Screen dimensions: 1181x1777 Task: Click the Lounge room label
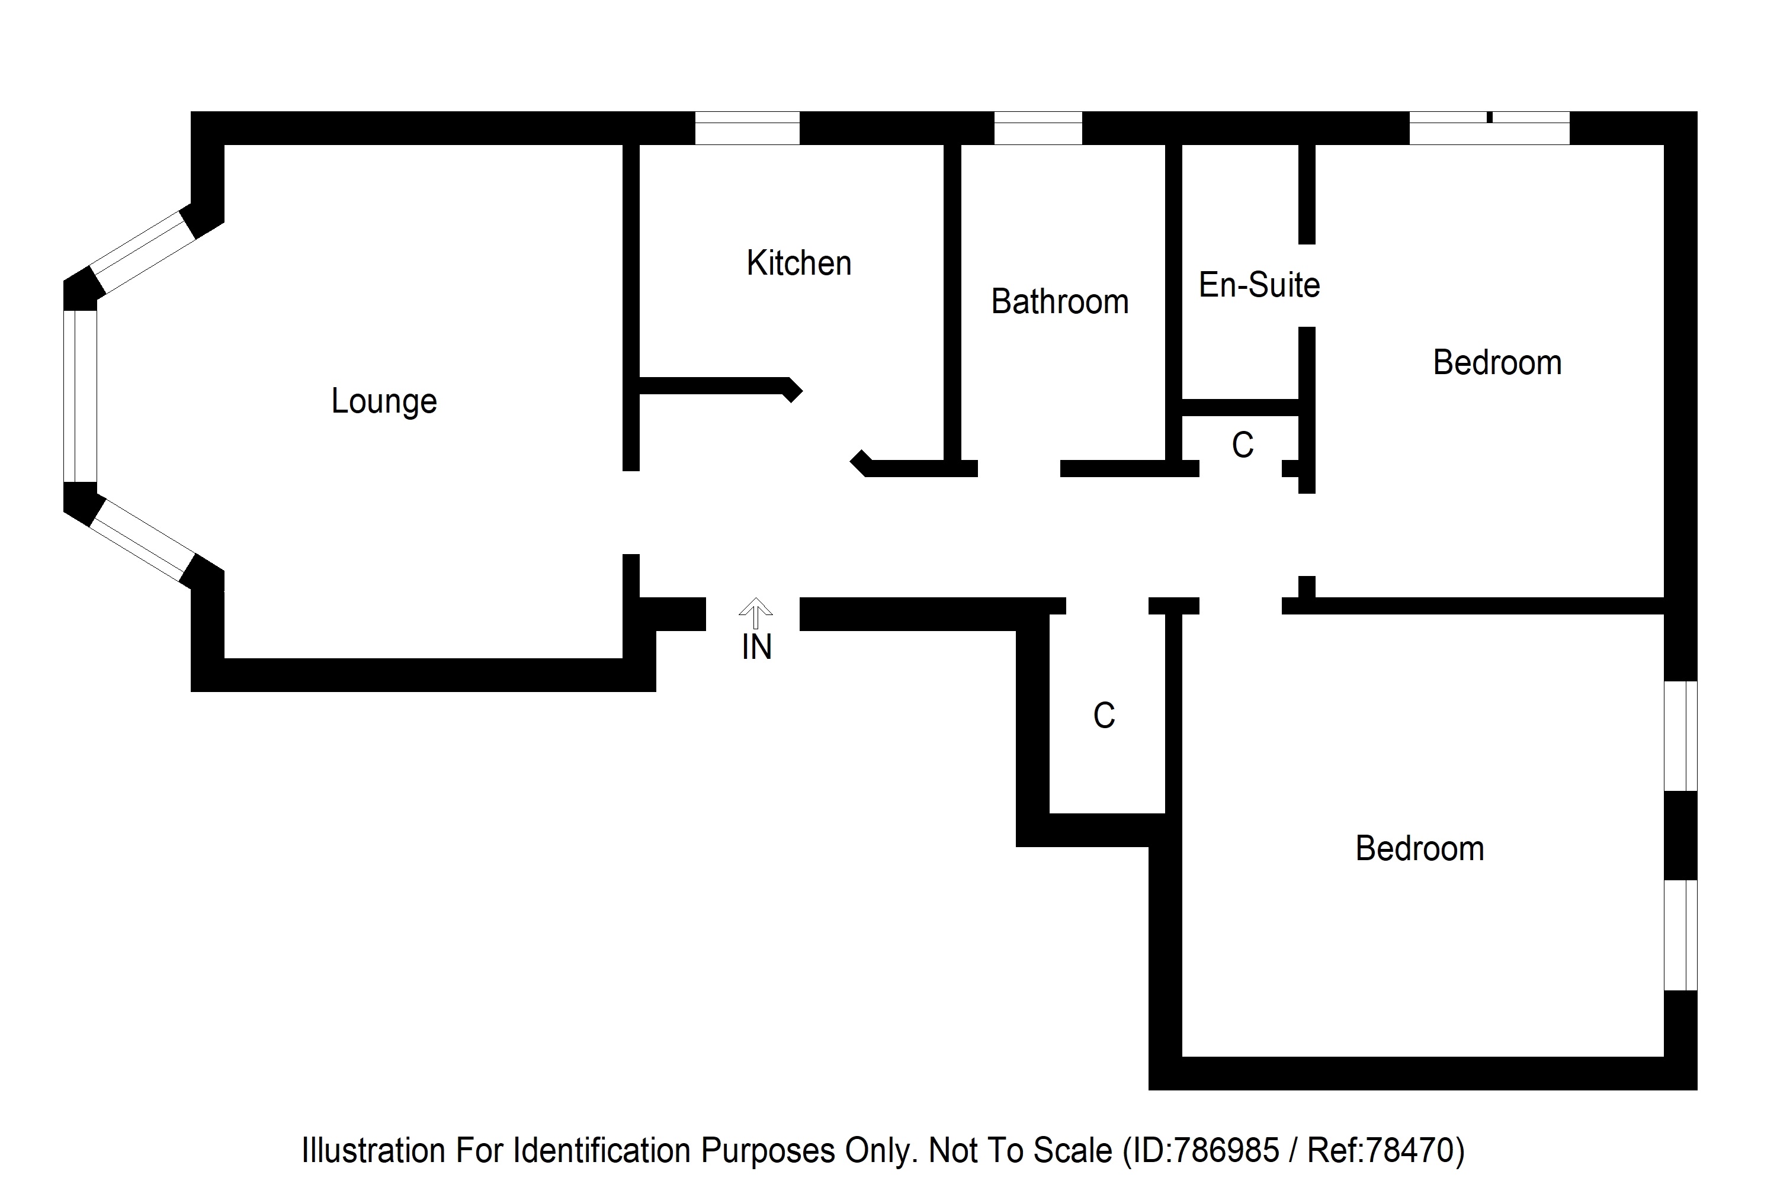[x=384, y=401]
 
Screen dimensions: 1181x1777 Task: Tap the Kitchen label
[x=799, y=263]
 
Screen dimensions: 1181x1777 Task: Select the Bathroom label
[x=1059, y=302]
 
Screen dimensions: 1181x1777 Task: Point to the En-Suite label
[x=1259, y=285]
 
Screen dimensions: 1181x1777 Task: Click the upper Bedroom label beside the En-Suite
[x=1497, y=363]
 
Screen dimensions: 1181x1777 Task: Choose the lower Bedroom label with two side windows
[x=1419, y=849]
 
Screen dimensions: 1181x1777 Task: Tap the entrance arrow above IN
[x=755, y=612]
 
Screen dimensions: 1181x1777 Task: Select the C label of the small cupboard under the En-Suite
[x=1242, y=445]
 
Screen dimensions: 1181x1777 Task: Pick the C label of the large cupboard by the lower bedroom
[x=1104, y=716]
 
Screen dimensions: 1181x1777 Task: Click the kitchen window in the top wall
[x=746, y=128]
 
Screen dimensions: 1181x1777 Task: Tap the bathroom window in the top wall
[x=1038, y=128]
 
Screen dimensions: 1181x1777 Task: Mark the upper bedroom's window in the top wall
[x=1489, y=128]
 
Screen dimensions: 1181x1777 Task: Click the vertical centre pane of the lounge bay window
[x=80, y=396]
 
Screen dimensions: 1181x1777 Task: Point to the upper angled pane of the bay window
[x=143, y=252]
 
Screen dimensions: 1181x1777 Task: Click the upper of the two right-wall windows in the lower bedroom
[x=1680, y=736]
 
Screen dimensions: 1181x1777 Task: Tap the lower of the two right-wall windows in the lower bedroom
[x=1680, y=935]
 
